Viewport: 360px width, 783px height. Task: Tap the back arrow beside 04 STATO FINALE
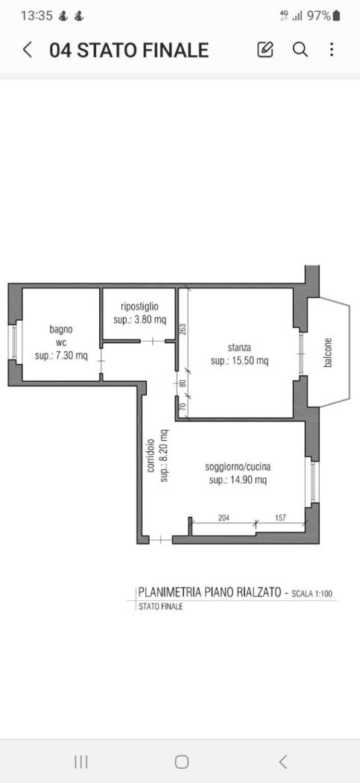28,50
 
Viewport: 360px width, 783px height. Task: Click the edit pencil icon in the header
265,50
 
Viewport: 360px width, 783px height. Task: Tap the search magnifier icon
300,50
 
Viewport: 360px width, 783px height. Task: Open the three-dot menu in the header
332,50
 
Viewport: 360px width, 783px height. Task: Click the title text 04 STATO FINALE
128,50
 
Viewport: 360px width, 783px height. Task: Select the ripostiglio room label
139,306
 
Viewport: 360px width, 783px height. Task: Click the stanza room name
239,348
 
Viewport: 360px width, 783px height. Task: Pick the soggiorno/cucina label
238,467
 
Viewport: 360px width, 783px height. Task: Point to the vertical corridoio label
151,455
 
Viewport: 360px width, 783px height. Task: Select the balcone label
327,353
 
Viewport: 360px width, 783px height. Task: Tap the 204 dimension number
223,517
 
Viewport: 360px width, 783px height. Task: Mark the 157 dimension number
281,517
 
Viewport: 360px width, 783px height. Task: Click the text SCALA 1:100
312,594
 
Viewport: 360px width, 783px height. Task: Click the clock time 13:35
37,15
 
